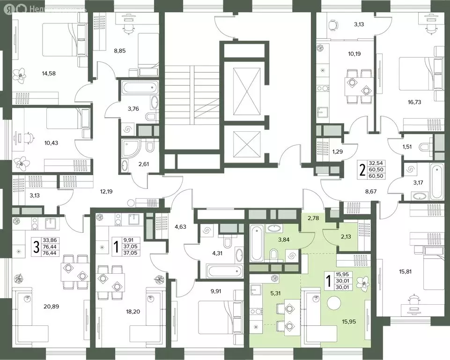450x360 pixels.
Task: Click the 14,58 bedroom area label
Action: [49, 74]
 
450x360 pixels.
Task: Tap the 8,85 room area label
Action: [120, 51]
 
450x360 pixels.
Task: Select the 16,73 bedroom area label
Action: [414, 102]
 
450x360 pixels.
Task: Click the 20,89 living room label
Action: [52, 307]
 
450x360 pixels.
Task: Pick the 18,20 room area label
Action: [133, 312]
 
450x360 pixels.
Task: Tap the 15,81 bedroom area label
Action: [405, 271]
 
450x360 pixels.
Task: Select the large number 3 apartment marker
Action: [37, 247]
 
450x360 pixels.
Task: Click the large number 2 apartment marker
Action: [362, 170]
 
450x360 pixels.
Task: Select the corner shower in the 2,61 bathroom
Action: [130, 149]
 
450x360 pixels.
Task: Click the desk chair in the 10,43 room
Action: [28, 138]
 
